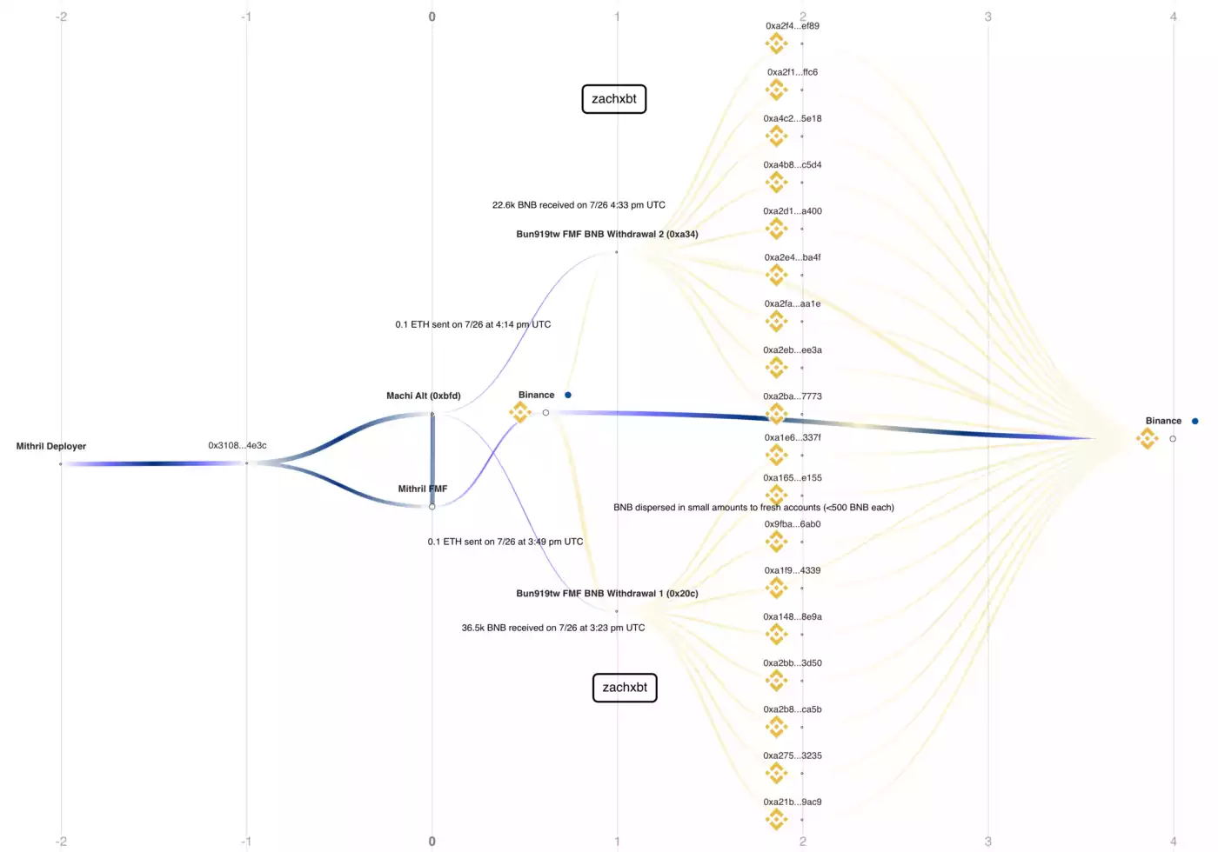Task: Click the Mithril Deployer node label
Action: point(51,446)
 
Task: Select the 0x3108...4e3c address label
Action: point(237,445)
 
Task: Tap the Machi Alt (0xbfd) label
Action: point(423,396)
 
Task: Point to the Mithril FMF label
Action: point(423,489)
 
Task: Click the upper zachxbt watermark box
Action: point(614,99)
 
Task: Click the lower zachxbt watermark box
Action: point(625,688)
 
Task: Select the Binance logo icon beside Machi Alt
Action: point(520,412)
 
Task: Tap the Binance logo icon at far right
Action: point(1148,438)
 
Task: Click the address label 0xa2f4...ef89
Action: point(793,25)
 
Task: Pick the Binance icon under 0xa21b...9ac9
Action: point(776,819)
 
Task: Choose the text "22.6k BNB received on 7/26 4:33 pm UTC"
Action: point(579,205)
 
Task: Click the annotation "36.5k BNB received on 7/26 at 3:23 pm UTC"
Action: point(553,628)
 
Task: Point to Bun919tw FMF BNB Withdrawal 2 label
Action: point(607,234)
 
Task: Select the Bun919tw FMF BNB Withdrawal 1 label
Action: point(607,593)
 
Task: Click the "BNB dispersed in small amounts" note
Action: point(753,507)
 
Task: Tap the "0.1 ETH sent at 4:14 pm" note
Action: point(472,324)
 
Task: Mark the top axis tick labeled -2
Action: point(61,17)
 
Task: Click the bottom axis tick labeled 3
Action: point(988,842)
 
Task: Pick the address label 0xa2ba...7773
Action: point(793,396)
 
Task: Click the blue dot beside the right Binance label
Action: point(1195,421)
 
